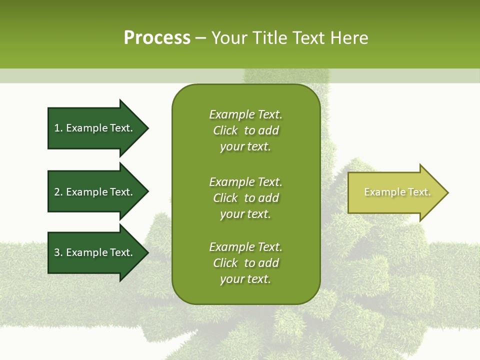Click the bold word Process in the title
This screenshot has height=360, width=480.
[x=157, y=38]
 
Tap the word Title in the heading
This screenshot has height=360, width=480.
[x=269, y=38]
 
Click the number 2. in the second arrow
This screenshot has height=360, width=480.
[x=58, y=192]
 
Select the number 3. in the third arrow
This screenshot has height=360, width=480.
[x=58, y=252]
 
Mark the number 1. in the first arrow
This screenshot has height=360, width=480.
[x=58, y=128]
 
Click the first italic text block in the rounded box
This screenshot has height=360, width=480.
[x=245, y=130]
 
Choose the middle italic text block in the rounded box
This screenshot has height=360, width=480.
[x=245, y=198]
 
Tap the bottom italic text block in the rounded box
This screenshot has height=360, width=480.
[x=245, y=263]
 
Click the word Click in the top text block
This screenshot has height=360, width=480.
[x=225, y=130]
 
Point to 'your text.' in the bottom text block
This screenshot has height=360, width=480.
[x=245, y=279]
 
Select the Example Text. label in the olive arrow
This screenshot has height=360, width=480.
[x=397, y=192]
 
